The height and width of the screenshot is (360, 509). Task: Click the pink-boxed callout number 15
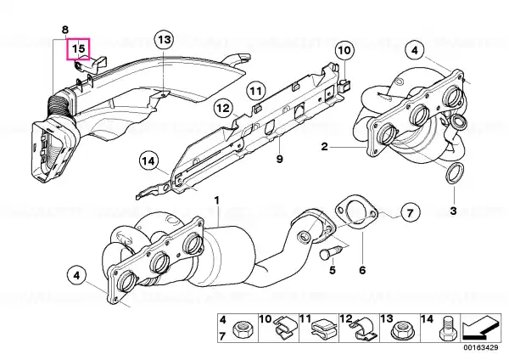click(78, 49)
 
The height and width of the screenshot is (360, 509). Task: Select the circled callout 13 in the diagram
click(165, 40)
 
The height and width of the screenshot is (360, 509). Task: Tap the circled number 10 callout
click(344, 51)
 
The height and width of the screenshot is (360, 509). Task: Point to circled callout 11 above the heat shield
click(256, 91)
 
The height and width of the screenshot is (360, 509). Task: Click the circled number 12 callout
click(223, 108)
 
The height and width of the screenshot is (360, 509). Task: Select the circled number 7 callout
click(410, 213)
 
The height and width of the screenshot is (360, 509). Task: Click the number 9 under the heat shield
click(279, 160)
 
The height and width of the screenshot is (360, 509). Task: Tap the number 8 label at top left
click(65, 30)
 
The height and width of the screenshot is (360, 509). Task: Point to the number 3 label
click(454, 211)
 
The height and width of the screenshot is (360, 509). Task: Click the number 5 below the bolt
click(332, 270)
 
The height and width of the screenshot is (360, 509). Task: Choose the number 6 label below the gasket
click(362, 270)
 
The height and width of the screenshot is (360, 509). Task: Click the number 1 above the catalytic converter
click(217, 200)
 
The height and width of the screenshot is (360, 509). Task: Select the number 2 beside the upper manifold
click(325, 147)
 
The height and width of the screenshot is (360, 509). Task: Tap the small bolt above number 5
click(327, 252)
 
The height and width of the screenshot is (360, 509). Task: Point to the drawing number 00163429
click(481, 347)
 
